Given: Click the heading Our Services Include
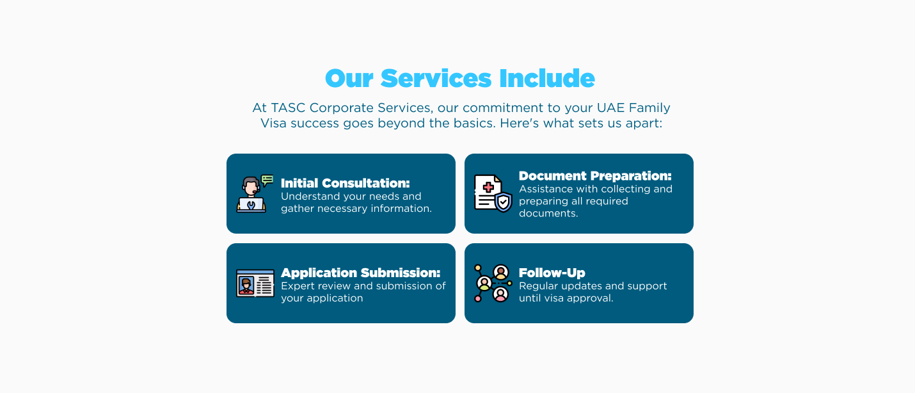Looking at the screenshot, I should click(459, 79).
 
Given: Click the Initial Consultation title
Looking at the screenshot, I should click(345, 183).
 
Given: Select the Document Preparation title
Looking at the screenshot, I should click(595, 176).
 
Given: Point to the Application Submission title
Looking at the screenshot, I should click(360, 273).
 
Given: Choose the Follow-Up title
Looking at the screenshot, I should click(552, 273).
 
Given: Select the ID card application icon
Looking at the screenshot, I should click(255, 283).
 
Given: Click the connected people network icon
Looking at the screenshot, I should click(493, 283).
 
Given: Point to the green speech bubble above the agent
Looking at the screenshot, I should click(267, 180).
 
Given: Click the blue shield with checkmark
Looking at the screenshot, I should click(504, 202).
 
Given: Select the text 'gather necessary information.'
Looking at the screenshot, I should click(356, 209).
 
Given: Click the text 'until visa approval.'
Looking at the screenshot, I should click(566, 298).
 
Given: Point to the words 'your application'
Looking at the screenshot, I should click(322, 298).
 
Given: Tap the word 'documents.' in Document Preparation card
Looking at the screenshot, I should click(548, 213).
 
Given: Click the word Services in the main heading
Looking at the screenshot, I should click(436, 79).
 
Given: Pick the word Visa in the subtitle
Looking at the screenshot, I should click(274, 123).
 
